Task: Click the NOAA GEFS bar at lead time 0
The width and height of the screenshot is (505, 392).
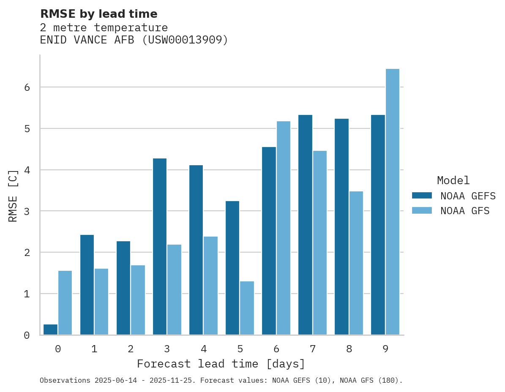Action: [x=50, y=329]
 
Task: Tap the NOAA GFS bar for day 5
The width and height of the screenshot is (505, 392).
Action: [x=247, y=308]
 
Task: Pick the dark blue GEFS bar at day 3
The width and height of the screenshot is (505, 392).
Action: [x=159, y=247]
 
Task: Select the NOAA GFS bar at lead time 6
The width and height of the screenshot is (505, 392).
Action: [x=284, y=228]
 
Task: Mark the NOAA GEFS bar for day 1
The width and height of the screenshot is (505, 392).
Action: [x=87, y=285]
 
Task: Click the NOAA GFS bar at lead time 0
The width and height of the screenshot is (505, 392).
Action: [x=65, y=303]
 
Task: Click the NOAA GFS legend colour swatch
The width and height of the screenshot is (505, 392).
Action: [x=422, y=210]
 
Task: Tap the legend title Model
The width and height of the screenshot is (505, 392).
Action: [x=453, y=180]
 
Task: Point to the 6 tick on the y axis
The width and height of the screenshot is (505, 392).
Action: [x=27, y=87]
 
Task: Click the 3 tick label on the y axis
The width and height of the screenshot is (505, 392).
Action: [x=27, y=211]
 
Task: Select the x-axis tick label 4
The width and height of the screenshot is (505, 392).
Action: [x=204, y=349]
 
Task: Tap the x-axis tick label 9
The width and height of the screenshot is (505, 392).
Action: [x=385, y=349]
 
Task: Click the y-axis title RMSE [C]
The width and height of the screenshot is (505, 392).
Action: [x=13, y=196]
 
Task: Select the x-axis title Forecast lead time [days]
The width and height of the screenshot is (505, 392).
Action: [x=221, y=364]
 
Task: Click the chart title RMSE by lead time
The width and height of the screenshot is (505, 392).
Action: [x=98, y=14]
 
